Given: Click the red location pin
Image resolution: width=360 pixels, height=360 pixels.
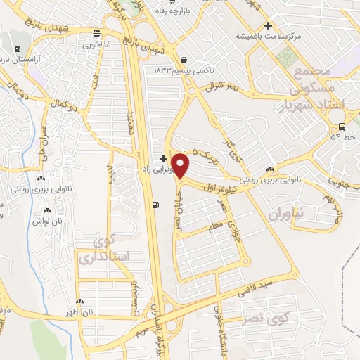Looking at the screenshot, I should tap(181, 165).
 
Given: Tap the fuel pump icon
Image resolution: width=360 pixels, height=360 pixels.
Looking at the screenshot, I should tap(155, 205).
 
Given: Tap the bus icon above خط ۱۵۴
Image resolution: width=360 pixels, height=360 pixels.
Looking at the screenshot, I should tap(341, 127).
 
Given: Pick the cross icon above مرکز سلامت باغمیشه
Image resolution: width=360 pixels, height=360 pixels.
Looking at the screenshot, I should tap(268, 25).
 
